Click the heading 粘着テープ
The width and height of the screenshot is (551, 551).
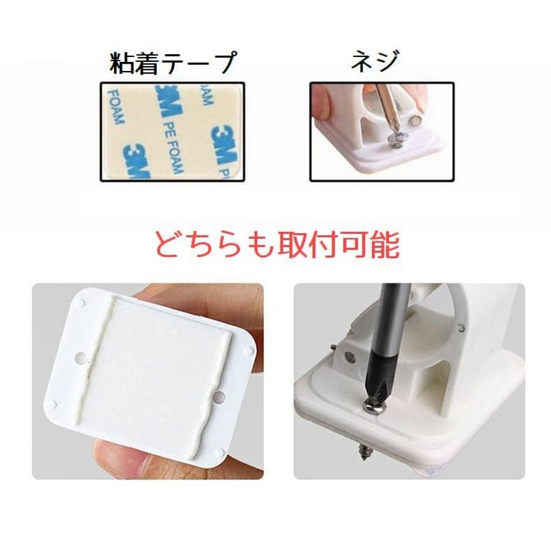click(x=173, y=62)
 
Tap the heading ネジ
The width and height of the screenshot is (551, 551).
click(x=375, y=61)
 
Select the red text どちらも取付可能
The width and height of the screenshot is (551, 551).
click(x=277, y=244)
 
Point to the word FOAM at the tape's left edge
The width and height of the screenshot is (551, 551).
click(x=116, y=107)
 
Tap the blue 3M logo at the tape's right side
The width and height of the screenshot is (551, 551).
click(x=224, y=144)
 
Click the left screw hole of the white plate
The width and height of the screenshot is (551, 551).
click(x=80, y=358)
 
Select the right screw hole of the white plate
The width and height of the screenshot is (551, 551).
click(x=219, y=398)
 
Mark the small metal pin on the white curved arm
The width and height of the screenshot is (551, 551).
click(x=461, y=328)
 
